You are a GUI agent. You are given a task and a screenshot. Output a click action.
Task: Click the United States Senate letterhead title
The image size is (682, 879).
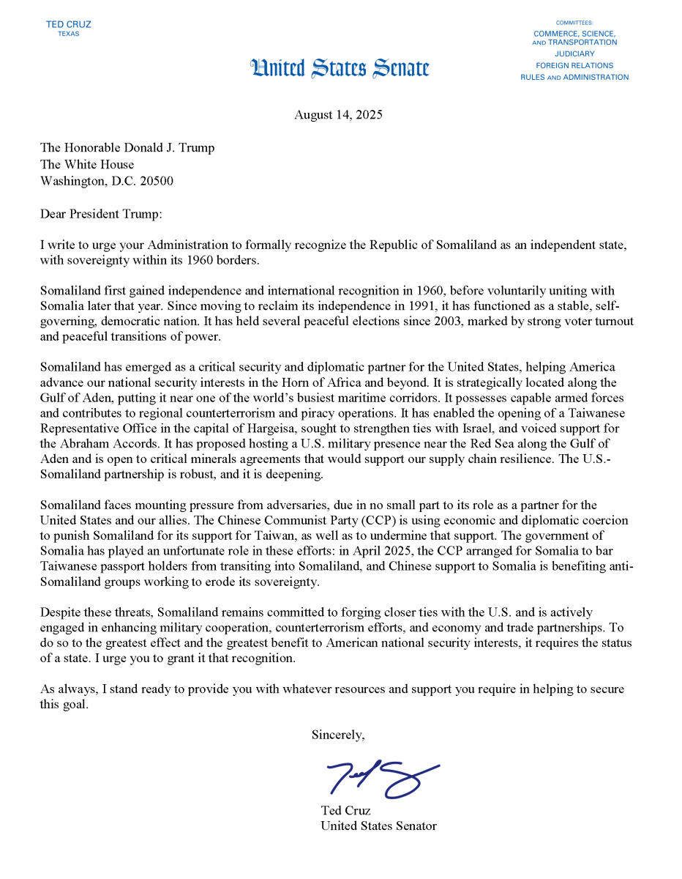(340, 69)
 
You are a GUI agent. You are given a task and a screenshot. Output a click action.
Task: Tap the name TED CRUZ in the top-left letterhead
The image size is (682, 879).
(68, 24)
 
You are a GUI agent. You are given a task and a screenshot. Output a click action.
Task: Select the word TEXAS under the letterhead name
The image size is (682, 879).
(68, 34)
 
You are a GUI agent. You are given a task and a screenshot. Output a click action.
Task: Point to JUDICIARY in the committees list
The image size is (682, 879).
(574, 54)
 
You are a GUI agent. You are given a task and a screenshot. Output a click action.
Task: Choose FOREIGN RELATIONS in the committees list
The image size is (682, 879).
(574, 66)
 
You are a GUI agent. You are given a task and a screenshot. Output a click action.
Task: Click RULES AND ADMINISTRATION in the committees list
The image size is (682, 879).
(574, 78)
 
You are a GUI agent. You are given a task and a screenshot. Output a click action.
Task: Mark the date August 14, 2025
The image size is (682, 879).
(338, 115)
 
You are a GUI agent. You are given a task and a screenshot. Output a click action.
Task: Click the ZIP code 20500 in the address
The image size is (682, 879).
(157, 181)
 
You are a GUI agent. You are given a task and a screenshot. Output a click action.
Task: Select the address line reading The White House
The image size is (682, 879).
(87, 164)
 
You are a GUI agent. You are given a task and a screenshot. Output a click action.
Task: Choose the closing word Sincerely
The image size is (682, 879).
(338, 734)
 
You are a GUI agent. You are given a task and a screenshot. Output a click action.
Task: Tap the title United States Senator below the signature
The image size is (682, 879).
(378, 826)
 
